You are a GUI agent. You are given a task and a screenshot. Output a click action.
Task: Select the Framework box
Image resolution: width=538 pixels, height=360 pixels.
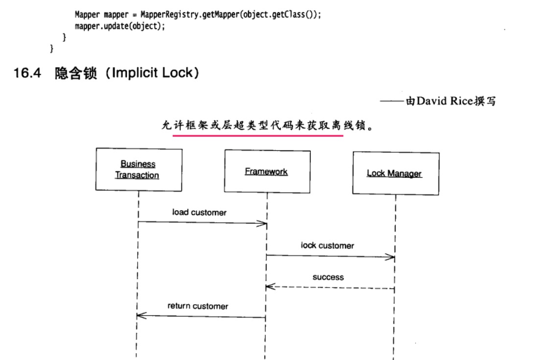(x=267, y=171)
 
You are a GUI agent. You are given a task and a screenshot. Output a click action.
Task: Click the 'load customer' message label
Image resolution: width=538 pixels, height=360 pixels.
(x=199, y=213)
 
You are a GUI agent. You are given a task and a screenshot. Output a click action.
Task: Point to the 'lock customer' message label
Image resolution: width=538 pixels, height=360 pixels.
(x=327, y=245)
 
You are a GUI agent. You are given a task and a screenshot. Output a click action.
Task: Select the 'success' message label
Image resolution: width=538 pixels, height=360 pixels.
(x=328, y=277)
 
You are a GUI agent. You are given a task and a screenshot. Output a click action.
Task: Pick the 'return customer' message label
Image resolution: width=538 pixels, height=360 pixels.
(x=198, y=306)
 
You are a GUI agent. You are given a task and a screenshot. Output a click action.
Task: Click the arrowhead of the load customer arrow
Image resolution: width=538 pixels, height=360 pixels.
(x=264, y=224)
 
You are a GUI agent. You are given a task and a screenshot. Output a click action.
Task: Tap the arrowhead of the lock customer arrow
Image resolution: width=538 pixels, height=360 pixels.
(x=391, y=257)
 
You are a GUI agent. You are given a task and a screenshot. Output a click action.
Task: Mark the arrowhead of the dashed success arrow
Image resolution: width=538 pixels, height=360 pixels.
(x=269, y=287)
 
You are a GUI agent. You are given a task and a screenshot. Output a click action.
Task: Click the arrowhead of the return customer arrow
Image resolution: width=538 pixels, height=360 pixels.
(x=140, y=316)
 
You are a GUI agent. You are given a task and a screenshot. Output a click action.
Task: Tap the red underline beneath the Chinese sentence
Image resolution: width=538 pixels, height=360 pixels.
(x=258, y=136)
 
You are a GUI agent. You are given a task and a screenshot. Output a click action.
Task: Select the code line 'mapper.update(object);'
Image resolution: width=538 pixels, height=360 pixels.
(x=120, y=26)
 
